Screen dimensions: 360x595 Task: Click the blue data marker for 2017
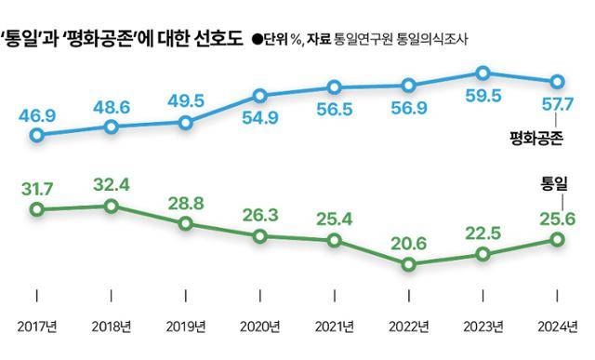tap(37, 136)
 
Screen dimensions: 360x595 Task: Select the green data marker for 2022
tap(408, 265)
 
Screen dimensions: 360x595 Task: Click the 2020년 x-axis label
tap(260, 327)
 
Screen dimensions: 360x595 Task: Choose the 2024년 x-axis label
tap(557, 327)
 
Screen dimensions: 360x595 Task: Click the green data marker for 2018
tap(112, 206)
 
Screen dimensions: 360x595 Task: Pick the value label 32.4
tap(112, 183)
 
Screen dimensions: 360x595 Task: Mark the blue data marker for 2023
tap(483, 73)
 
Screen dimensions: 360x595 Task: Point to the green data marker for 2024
tap(557, 240)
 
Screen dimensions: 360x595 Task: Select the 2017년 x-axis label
tap(37, 327)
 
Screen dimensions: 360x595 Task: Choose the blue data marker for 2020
tap(260, 95)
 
